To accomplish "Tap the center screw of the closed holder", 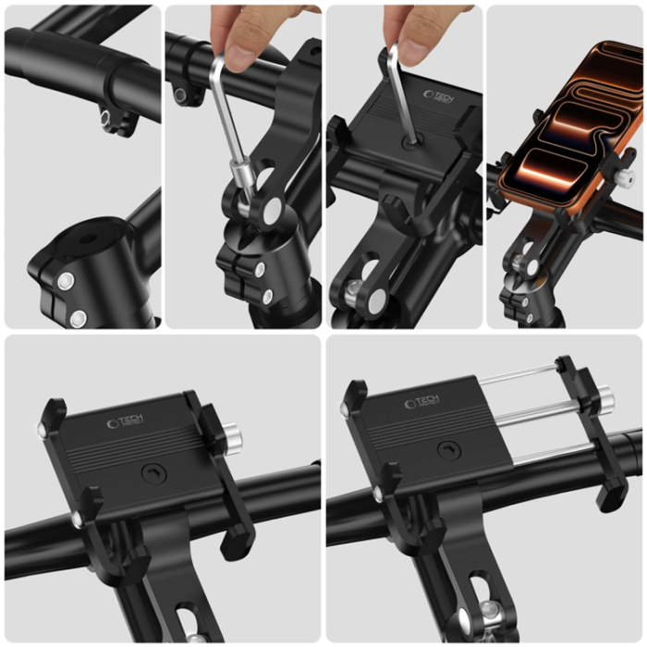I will click(149, 474).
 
